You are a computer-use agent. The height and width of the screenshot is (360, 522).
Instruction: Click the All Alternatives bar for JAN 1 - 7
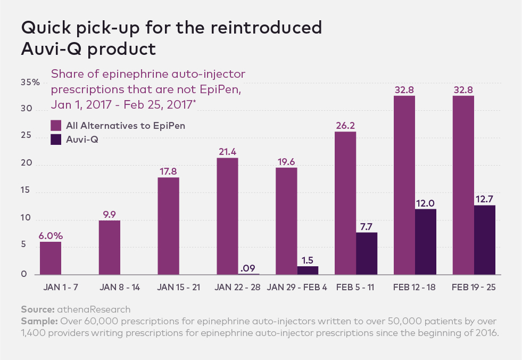[51, 258]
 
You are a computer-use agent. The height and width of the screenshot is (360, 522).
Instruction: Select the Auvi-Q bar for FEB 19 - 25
[485, 240]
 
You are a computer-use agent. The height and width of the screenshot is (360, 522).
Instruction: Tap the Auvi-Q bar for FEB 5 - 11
[367, 253]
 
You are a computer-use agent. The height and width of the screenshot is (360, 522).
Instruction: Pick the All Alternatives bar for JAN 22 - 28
[227, 216]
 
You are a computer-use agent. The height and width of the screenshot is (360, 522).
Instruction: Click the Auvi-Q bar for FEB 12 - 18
[426, 242]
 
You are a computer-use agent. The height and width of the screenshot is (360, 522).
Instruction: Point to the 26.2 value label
[345, 126]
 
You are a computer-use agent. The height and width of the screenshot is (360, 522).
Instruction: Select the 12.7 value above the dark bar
[485, 199]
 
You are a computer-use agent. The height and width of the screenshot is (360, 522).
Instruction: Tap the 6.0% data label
[51, 236]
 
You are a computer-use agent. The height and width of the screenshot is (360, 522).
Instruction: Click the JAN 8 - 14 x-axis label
[120, 287]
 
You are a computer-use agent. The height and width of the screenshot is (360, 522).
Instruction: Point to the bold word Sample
[39, 321]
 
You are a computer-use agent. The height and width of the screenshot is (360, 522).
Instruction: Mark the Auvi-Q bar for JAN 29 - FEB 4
[308, 271]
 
